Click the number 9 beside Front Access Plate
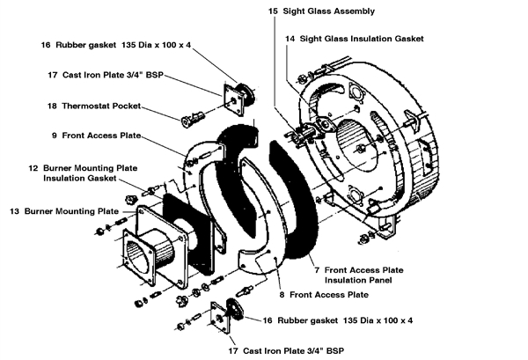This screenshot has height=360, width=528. pyautogui.click(x=55, y=136)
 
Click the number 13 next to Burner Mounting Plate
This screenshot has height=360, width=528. pyautogui.click(x=14, y=211)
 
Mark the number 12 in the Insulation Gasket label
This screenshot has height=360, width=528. pyautogui.click(x=33, y=166)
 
